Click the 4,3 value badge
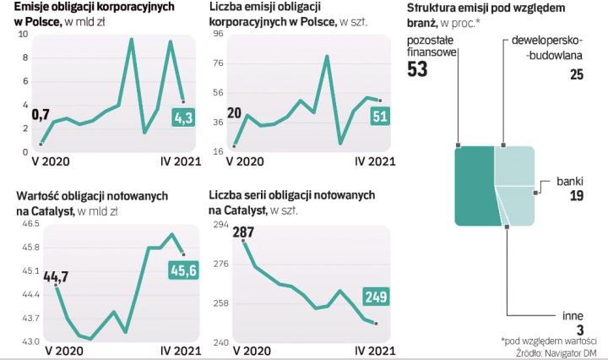point(183,118)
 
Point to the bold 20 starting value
point(234,113)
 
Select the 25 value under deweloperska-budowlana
point(576,75)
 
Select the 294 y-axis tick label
point(220,225)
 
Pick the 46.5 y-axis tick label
point(30,224)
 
